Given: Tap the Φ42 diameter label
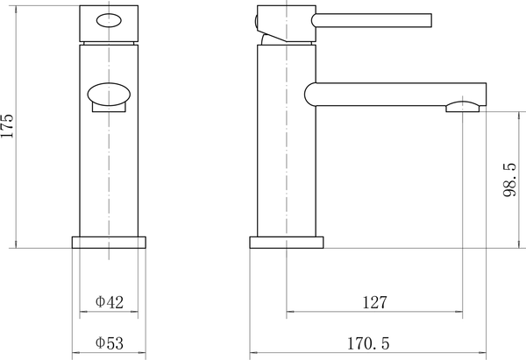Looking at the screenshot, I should coord(110,302).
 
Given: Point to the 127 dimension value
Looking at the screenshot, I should coord(374,302).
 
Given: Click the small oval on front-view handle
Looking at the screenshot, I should coord(110,21).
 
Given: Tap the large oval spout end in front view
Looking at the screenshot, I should coord(110,92).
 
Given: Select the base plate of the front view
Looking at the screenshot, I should coord(110,243).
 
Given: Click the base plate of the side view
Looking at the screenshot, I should coord(287,243).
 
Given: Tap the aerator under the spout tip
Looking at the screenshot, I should coord(463,109).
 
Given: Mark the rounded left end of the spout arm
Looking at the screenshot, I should coord(309,92).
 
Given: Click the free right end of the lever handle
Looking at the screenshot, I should coord(430,20).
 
